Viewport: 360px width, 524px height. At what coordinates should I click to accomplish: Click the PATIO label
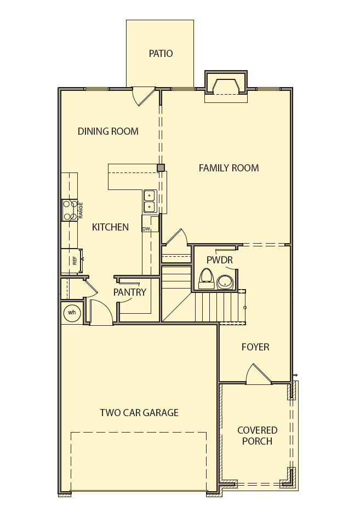(161, 54)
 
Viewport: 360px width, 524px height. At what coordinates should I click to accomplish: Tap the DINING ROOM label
(108, 131)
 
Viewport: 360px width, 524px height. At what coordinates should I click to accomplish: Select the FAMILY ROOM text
(228, 168)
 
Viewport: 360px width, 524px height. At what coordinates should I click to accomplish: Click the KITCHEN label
(110, 227)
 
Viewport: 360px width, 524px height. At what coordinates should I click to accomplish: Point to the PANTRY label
(130, 292)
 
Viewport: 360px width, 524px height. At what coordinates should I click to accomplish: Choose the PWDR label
(220, 260)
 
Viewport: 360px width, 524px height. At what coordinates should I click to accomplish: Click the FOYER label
(255, 347)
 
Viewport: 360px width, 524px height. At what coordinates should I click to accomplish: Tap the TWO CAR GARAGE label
(139, 413)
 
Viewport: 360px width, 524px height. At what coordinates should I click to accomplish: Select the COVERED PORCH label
(257, 436)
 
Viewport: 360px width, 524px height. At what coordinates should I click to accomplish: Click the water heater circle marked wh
(72, 313)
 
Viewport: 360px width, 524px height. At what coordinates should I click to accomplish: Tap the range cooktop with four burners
(70, 210)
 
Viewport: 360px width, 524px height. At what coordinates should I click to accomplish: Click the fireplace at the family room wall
(226, 88)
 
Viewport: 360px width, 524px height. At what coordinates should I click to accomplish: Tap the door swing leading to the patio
(144, 96)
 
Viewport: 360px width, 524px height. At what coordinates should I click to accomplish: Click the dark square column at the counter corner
(161, 168)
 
